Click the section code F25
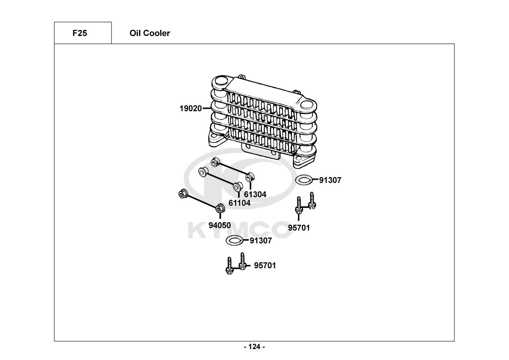pos(79,33)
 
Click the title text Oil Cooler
pos(150,33)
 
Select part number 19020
pos(191,108)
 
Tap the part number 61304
pos(255,194)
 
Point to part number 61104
pos(239,203)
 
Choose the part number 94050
pos(219,226)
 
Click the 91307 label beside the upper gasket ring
pos(330,180)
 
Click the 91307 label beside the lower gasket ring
pos(261,240)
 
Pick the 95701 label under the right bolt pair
pos(299,228)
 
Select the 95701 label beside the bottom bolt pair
pos(265,266)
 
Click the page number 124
pos(254,347)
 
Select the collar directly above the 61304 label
pos(250,177)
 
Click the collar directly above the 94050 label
pos(220,208)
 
